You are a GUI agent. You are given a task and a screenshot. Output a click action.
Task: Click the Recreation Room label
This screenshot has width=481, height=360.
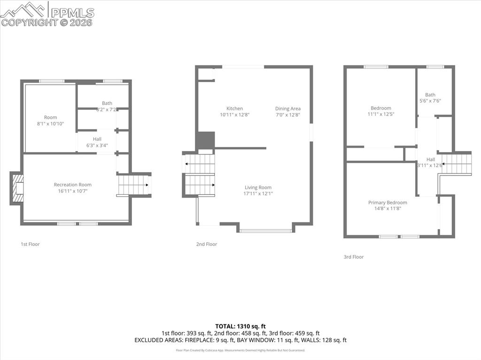click(x=72, y=184)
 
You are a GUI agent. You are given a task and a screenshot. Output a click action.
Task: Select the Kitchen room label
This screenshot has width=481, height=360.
click(x=234, y=108)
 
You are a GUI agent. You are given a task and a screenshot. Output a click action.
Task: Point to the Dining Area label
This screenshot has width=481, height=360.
click(x=287, y=108)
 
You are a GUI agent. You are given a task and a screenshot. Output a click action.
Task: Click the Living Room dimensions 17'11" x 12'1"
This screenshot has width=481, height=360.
click(x=258, y=193)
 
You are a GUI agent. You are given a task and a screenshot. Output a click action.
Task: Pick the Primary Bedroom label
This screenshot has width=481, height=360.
click(x=388, y=202)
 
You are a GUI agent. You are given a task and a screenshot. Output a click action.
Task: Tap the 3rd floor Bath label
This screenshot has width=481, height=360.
click(x=430, y=95)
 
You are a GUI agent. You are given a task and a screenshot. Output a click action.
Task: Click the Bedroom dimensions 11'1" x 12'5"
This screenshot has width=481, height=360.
click(x=380, y=114)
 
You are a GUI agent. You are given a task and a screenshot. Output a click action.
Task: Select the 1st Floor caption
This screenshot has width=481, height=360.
click(x=30, y=244)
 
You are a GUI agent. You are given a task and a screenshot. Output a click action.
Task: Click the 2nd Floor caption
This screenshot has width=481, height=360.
click(x=207, y=244)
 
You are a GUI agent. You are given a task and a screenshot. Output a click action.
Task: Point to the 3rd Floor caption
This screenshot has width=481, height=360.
click(x=353, y=257)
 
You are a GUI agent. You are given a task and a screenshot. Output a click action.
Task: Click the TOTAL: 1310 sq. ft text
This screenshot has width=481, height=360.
click(x=240, y=326)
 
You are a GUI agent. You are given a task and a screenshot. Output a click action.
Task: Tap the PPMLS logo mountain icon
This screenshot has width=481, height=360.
click(x=23, y=9)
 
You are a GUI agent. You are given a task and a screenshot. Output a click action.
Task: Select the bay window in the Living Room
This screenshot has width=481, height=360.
click(x=265, y=230)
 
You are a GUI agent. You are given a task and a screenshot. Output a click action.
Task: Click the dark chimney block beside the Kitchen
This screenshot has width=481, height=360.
click(x=205, y=140)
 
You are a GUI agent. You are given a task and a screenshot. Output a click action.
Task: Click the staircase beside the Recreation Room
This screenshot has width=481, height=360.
click(x=134, y=185)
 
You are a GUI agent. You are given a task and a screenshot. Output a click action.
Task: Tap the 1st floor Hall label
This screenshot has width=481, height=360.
click(x=97, y=139)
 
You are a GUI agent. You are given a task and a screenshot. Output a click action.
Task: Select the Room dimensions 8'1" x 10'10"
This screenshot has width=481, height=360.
click(x=51, y=123)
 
